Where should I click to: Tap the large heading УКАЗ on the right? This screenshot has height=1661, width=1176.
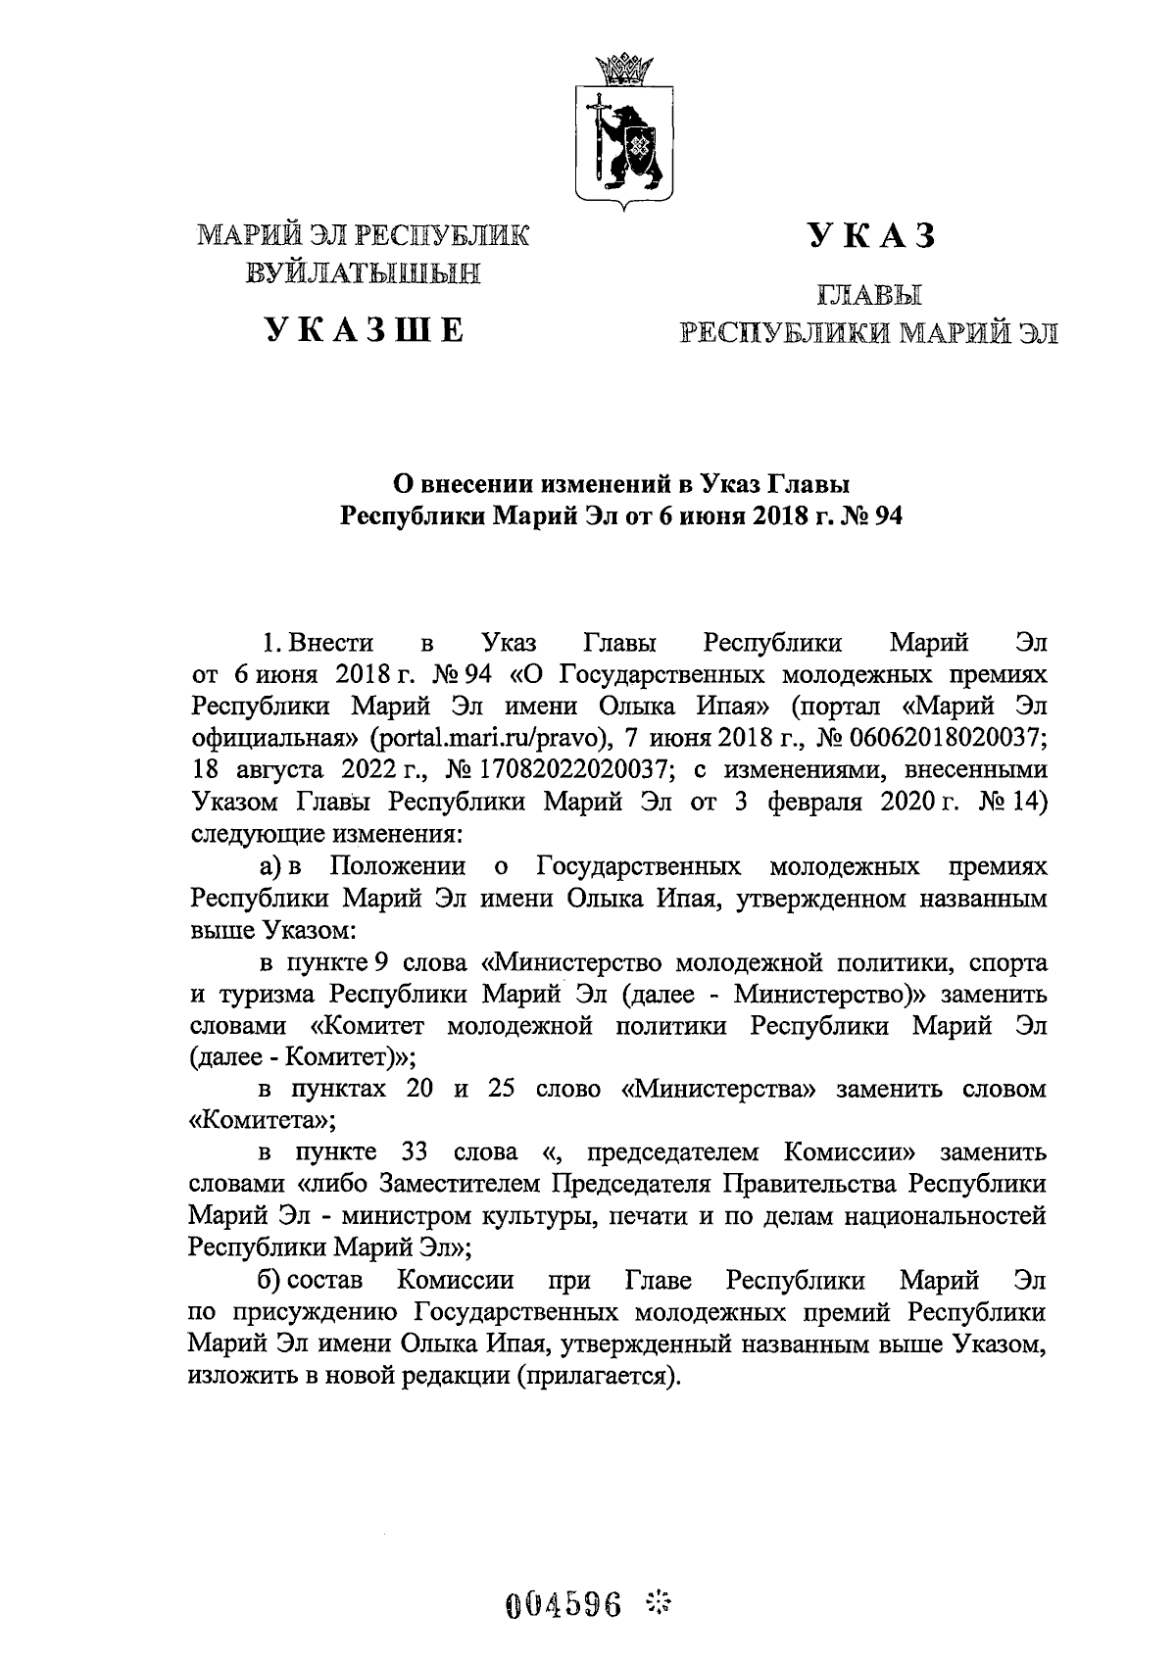[x=870, y=235]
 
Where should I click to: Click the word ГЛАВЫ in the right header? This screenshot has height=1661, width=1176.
[x=870, y=294]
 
